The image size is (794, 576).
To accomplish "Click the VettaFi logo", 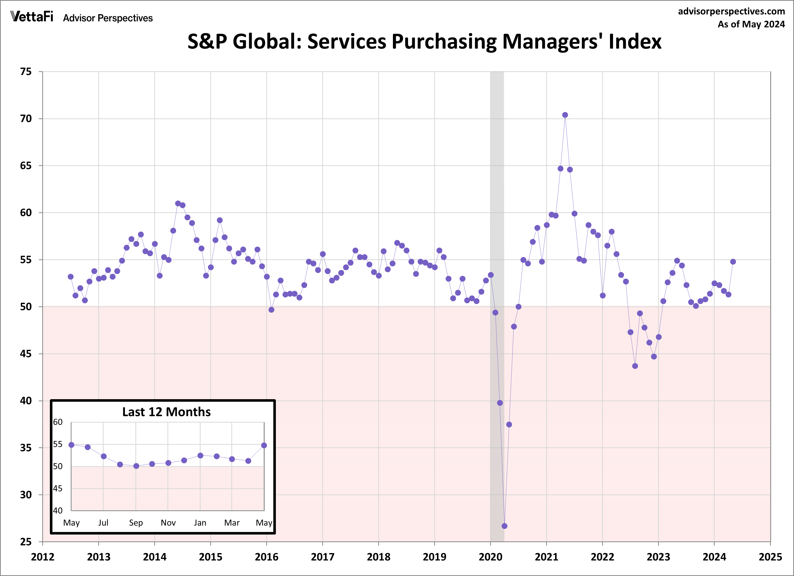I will (x=32, y=17).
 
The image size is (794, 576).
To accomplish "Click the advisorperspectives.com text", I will (x=731, y=11).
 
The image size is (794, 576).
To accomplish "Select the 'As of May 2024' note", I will (x=751, y=24).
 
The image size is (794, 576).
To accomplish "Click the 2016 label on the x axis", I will (x=266, y=557).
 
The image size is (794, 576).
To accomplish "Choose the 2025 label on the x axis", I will (x=770, y=557).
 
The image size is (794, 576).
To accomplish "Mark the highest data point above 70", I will (x=565, y=115).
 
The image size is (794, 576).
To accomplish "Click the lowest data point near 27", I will (x=504, y=526).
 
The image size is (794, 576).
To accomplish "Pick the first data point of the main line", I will (x=71, y=277).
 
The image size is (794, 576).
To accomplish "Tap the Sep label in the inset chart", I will (x=136, y=523).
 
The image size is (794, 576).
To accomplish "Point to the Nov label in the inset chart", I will (x=168, y=523).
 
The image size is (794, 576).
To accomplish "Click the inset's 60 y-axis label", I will (x=58, y=422).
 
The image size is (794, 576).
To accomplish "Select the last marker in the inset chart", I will (x=264, y=445).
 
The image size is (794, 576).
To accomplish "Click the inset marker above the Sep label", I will (x=136, y=466).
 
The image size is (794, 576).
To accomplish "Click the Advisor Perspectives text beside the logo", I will (x=108, y=18).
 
